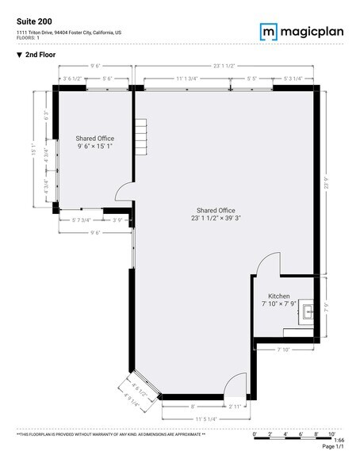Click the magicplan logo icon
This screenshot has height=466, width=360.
point(268,31)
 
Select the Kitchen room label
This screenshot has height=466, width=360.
point(279,296)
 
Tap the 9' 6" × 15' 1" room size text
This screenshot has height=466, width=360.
point(95,147)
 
